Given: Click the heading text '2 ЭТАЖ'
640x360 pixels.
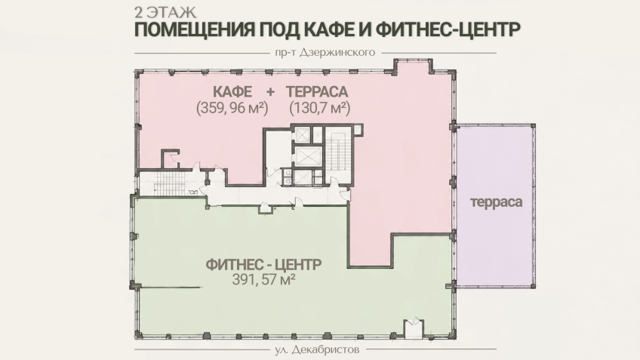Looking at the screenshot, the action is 165,12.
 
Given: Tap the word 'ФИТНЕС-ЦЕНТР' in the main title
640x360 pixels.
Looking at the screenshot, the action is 448,29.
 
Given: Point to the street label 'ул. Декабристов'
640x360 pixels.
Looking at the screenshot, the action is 317,349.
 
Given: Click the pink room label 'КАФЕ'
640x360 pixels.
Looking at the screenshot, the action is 232,91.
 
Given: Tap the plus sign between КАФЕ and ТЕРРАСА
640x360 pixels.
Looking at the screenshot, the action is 270,92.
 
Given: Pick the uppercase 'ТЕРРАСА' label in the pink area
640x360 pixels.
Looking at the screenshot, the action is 317,91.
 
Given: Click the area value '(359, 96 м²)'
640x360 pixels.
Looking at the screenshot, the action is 232,108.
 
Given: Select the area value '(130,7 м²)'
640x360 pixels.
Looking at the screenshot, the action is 319,108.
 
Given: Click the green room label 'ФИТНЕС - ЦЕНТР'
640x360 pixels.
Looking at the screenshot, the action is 263,264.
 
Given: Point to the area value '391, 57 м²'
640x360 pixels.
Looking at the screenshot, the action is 263,280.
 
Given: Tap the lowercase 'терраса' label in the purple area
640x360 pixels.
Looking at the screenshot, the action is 496,202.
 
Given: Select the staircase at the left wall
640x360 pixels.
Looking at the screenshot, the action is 169,183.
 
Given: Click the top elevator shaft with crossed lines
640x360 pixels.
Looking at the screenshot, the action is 303,134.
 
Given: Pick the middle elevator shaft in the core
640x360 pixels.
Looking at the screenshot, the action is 308,155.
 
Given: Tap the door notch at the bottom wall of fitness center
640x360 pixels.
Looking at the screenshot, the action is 413,328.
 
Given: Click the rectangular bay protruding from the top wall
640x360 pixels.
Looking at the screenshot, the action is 413,66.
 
